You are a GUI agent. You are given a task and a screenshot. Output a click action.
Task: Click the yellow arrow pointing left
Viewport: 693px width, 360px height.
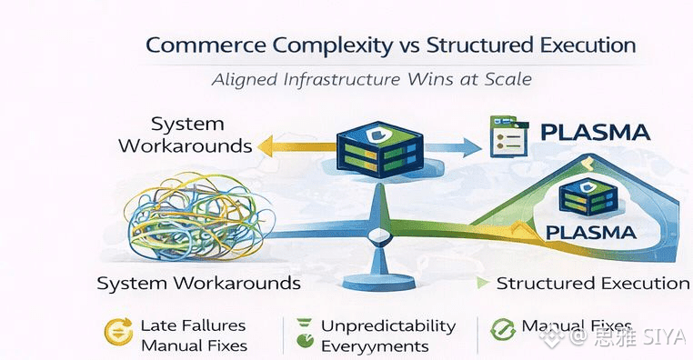(297, 146)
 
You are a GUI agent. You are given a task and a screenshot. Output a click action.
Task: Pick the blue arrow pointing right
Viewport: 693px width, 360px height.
(453, 147)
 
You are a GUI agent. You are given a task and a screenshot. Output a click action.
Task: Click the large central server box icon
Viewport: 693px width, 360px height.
(379, 149)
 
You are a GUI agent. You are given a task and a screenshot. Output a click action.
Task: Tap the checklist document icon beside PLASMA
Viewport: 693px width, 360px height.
(508, 136)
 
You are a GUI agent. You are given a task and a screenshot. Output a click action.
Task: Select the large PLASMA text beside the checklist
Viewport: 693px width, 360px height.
(596, 132)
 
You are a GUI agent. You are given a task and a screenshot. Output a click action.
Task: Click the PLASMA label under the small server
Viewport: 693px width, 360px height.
(591, 233)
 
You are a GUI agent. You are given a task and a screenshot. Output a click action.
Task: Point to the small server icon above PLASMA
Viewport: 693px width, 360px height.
(588, 197)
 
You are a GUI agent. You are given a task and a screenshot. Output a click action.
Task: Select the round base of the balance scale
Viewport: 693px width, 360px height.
(378, 282)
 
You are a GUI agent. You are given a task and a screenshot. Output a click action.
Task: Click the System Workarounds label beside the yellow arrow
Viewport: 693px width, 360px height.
(186, 135)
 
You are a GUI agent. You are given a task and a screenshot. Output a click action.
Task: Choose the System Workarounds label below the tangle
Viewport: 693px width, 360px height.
(199, 283)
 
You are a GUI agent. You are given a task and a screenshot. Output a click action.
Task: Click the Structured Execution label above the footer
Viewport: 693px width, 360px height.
(593, 283)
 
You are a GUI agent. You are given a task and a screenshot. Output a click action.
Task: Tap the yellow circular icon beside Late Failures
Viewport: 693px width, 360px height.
(118, 331)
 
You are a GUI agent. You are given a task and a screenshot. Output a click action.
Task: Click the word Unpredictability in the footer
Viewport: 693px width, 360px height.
(388, 326)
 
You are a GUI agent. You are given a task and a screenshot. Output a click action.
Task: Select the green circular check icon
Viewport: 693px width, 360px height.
(503, 329)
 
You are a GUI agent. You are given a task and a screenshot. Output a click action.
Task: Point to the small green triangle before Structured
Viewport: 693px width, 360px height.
(483, 283)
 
